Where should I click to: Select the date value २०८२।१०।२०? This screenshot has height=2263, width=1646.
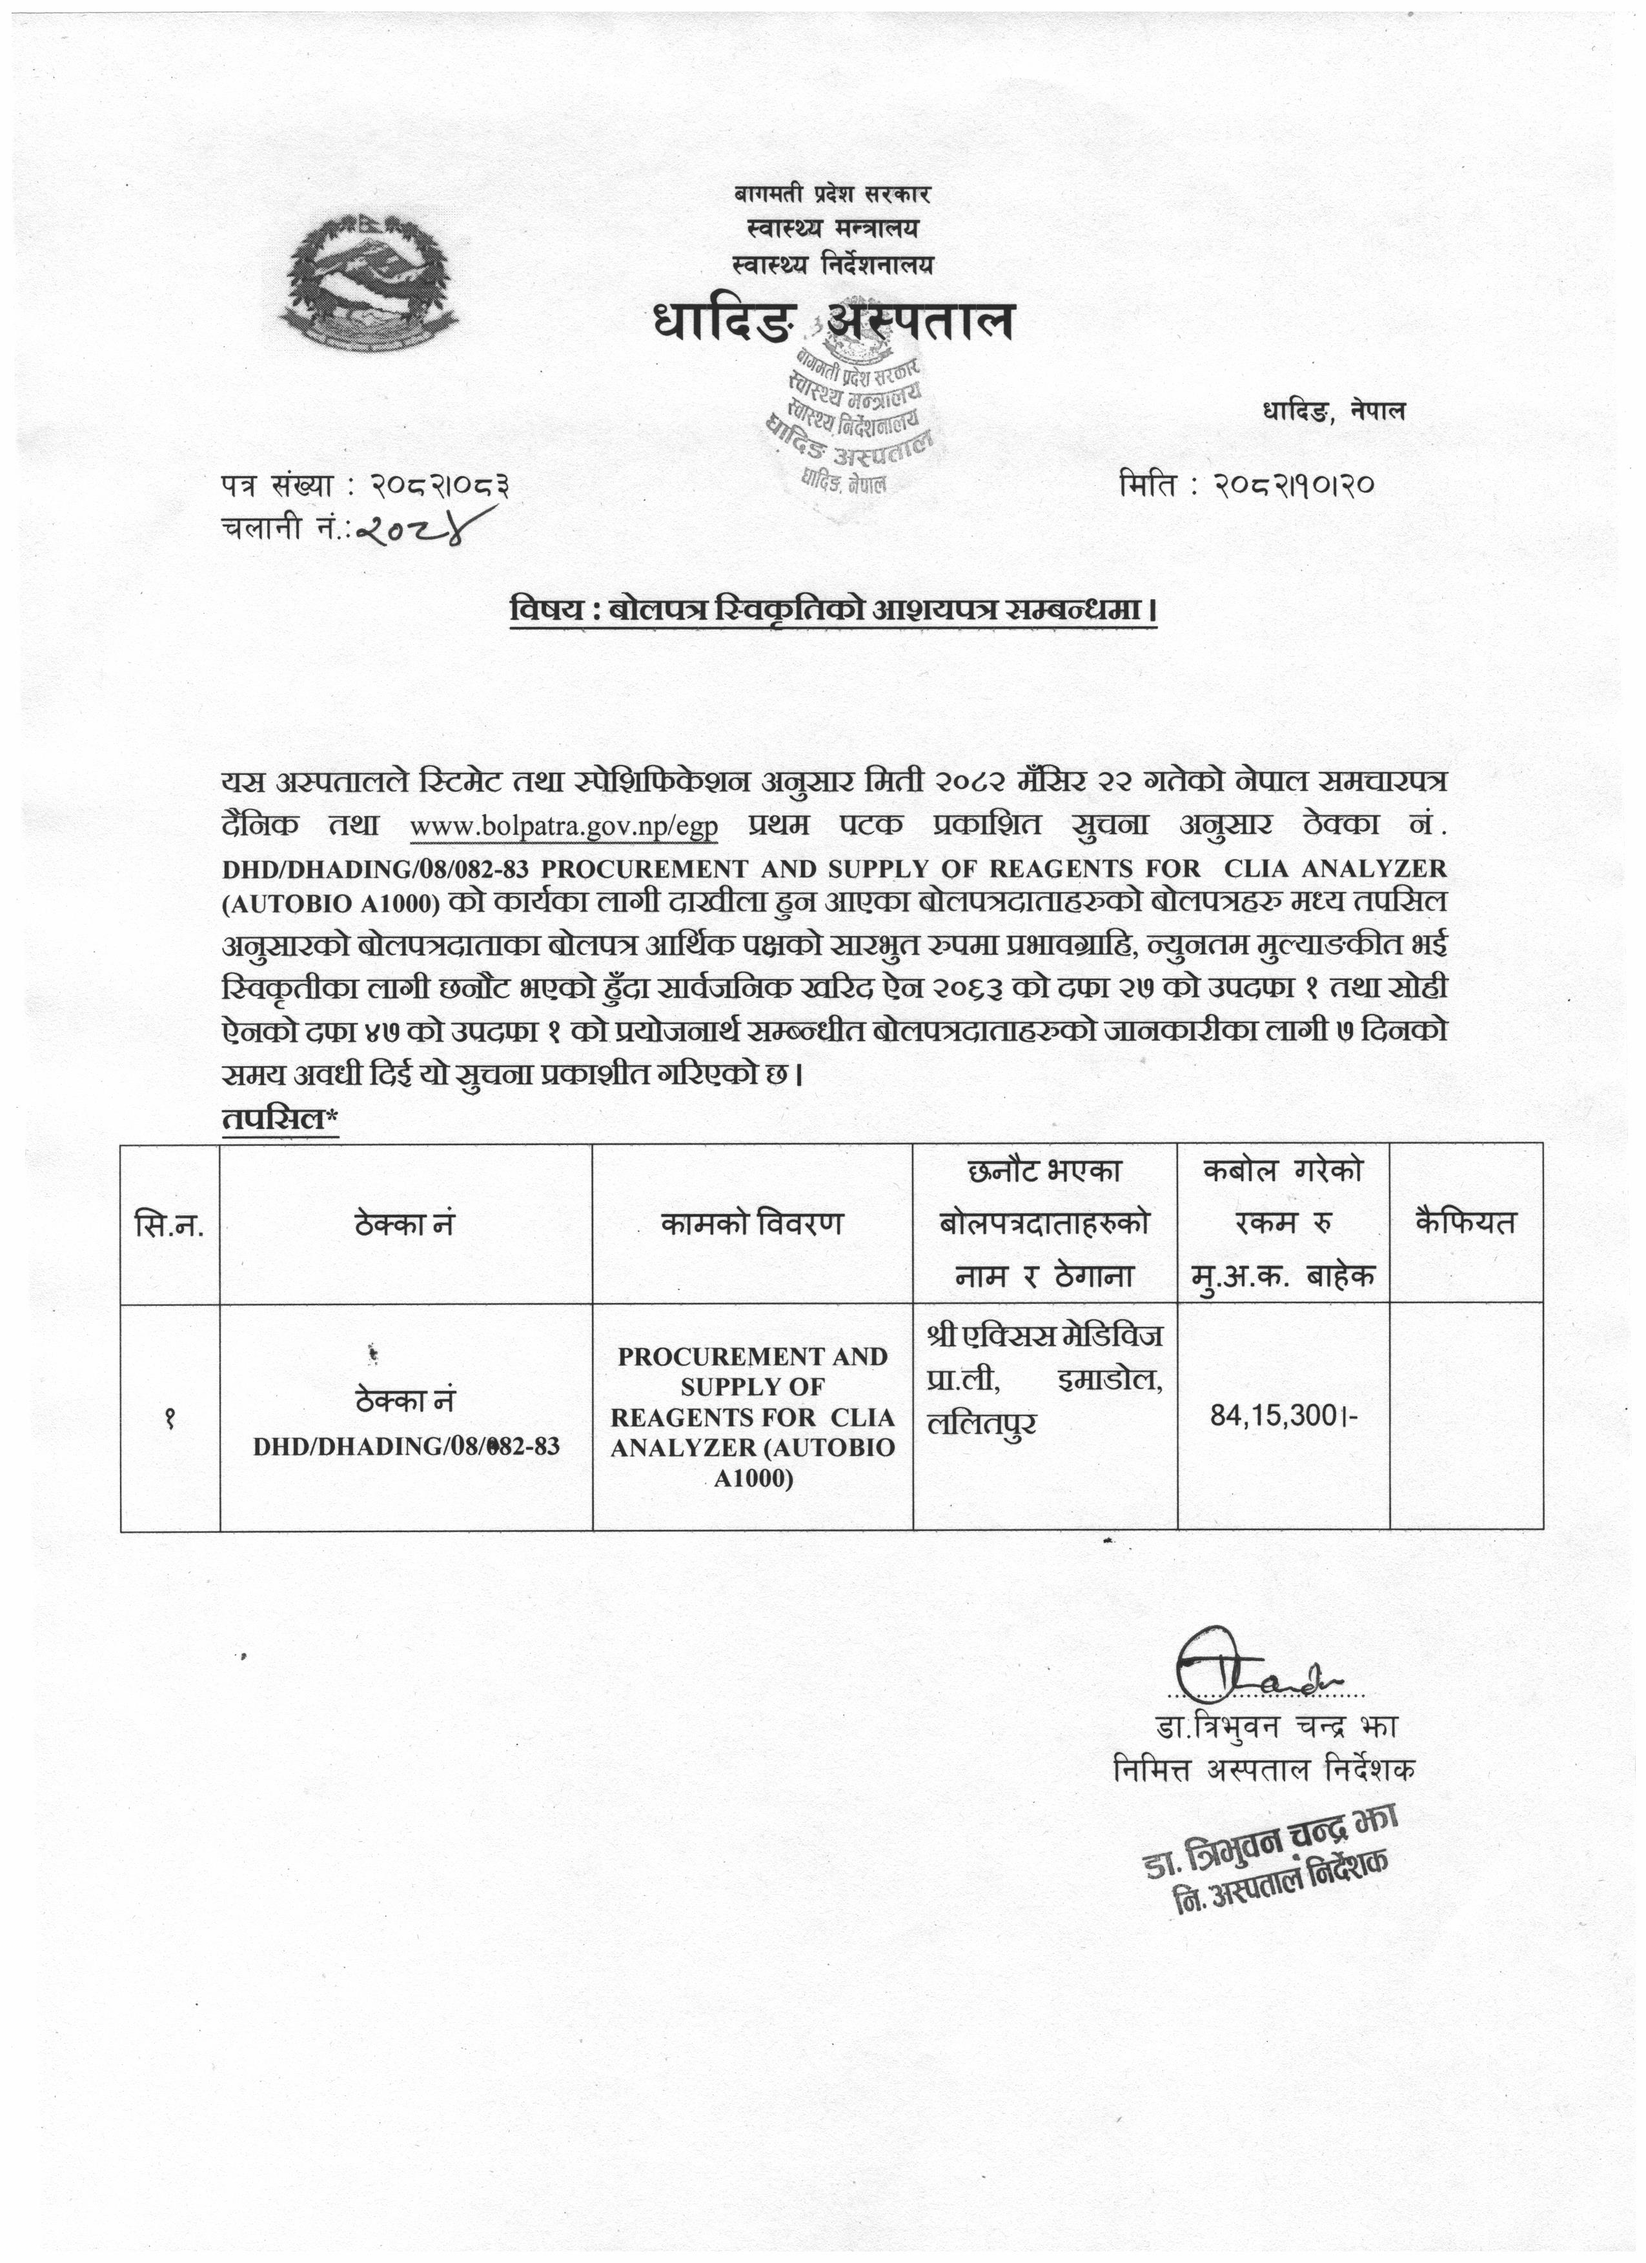1295,486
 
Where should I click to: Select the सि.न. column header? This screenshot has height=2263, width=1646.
170,1223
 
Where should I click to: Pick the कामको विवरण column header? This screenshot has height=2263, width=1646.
751,1223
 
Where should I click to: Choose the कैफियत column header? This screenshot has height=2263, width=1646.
1465,1223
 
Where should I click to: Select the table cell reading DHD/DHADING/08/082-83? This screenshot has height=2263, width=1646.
405,1447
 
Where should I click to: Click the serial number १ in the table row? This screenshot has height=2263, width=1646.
170,1418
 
